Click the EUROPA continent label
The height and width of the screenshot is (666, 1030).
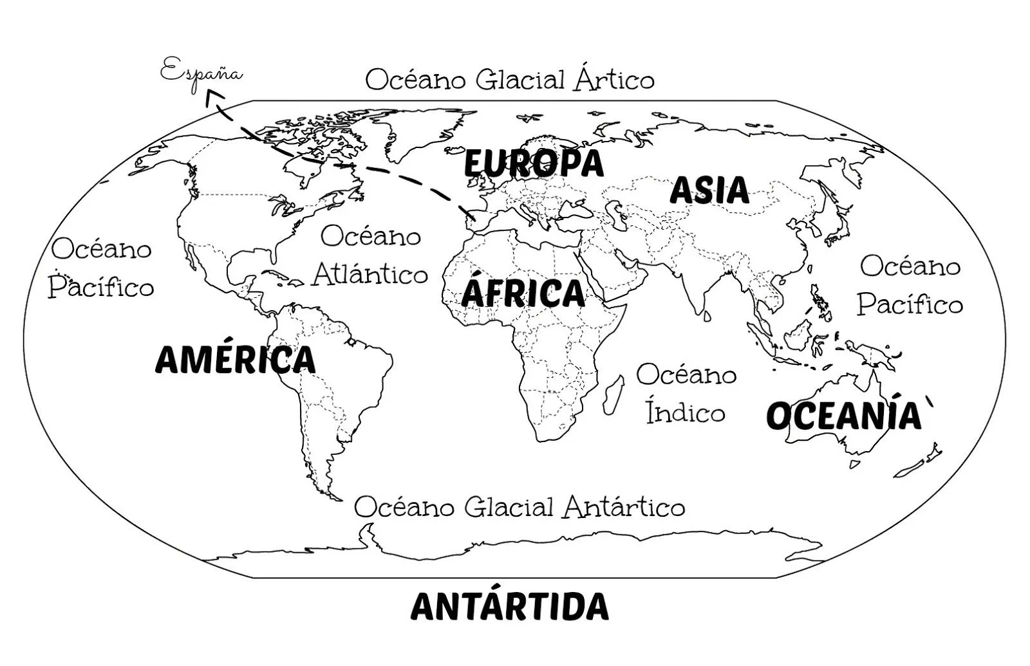(x=534, y=163)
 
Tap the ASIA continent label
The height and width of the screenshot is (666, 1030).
(x=709, y=190)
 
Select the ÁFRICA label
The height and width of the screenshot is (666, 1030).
(x=523, y=293)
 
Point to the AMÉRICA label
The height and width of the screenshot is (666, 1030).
(x=236, y=359)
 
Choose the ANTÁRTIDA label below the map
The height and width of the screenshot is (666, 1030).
(x=509, y=606)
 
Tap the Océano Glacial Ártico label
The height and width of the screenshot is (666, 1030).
(x=509, y=80)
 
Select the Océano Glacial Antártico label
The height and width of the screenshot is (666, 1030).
(x=519, y=507)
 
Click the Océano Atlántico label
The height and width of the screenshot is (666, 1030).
(x=370, y=255)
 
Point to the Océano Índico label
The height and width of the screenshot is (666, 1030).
(x=686, y=393)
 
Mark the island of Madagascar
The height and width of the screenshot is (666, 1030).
(x=613, y=395)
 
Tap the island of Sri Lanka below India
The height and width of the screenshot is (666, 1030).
(x=706, y=316)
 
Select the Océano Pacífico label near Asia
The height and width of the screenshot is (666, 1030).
(x=910, y=285)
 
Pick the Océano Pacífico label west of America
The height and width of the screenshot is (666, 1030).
(x=102, y=268)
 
